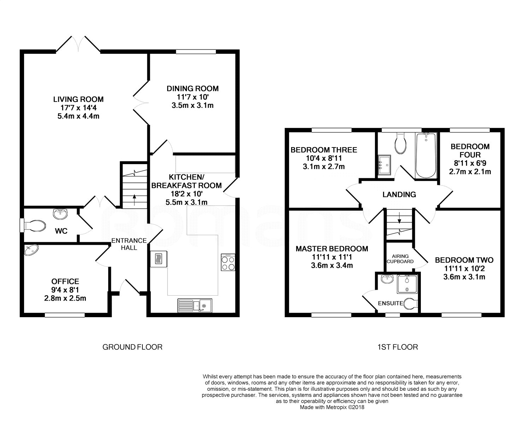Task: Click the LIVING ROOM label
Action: [78, 99]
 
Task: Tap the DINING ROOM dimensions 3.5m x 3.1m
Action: [193, 105]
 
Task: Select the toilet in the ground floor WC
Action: [34, 226]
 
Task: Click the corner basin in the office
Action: [31, 250]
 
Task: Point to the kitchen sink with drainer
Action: [195, 306]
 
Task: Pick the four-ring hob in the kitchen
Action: [228, 262]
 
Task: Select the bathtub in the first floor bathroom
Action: [426, 155]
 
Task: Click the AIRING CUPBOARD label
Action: [400, 258]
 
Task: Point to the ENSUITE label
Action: [390, 303]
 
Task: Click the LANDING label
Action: [399, 194]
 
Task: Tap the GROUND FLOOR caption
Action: [132, 347]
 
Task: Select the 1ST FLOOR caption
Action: [397, 347]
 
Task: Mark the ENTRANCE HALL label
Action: [129, 244]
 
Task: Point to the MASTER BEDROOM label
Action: [332, 249]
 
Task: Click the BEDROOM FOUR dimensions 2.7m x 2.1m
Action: [470, 172]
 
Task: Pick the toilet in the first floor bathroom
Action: [401, 143]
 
